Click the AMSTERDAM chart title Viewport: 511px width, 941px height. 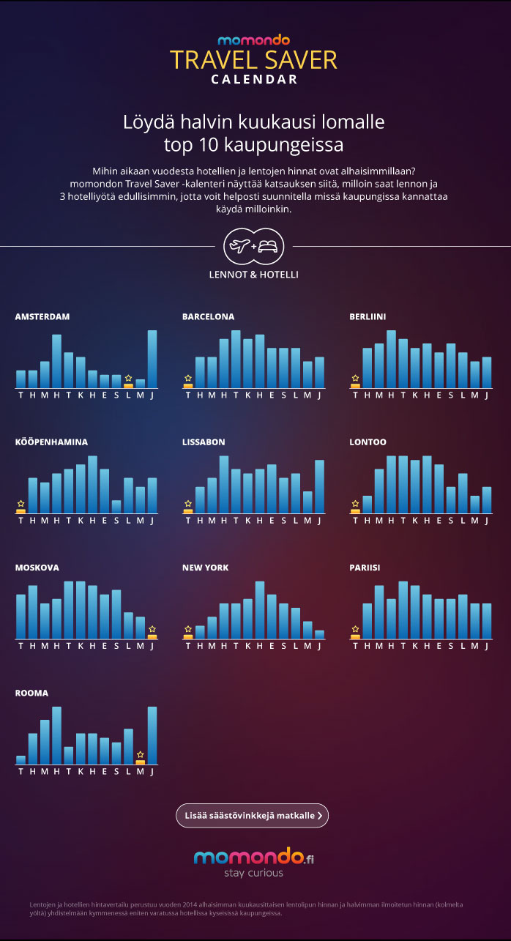42,317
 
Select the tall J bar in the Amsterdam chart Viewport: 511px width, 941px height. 152,359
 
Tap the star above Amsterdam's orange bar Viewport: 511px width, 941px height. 128,378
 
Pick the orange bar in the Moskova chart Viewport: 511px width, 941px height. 152,636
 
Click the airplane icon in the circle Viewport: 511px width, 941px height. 240,247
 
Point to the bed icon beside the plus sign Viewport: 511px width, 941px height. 268,247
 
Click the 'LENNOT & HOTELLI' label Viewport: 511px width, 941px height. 254,275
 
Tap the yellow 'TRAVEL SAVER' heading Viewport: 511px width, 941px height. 254,60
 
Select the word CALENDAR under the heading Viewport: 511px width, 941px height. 254,80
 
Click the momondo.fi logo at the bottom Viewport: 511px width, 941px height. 253,857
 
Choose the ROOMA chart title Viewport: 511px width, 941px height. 31,693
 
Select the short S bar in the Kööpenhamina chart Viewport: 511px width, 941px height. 116,506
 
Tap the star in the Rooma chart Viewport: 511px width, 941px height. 141,754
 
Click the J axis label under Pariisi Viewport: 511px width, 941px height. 487,646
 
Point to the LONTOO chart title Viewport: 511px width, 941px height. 368,442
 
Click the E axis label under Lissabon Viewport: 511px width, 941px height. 272,521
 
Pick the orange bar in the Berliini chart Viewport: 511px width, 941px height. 356,385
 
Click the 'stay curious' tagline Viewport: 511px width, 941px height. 253,873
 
